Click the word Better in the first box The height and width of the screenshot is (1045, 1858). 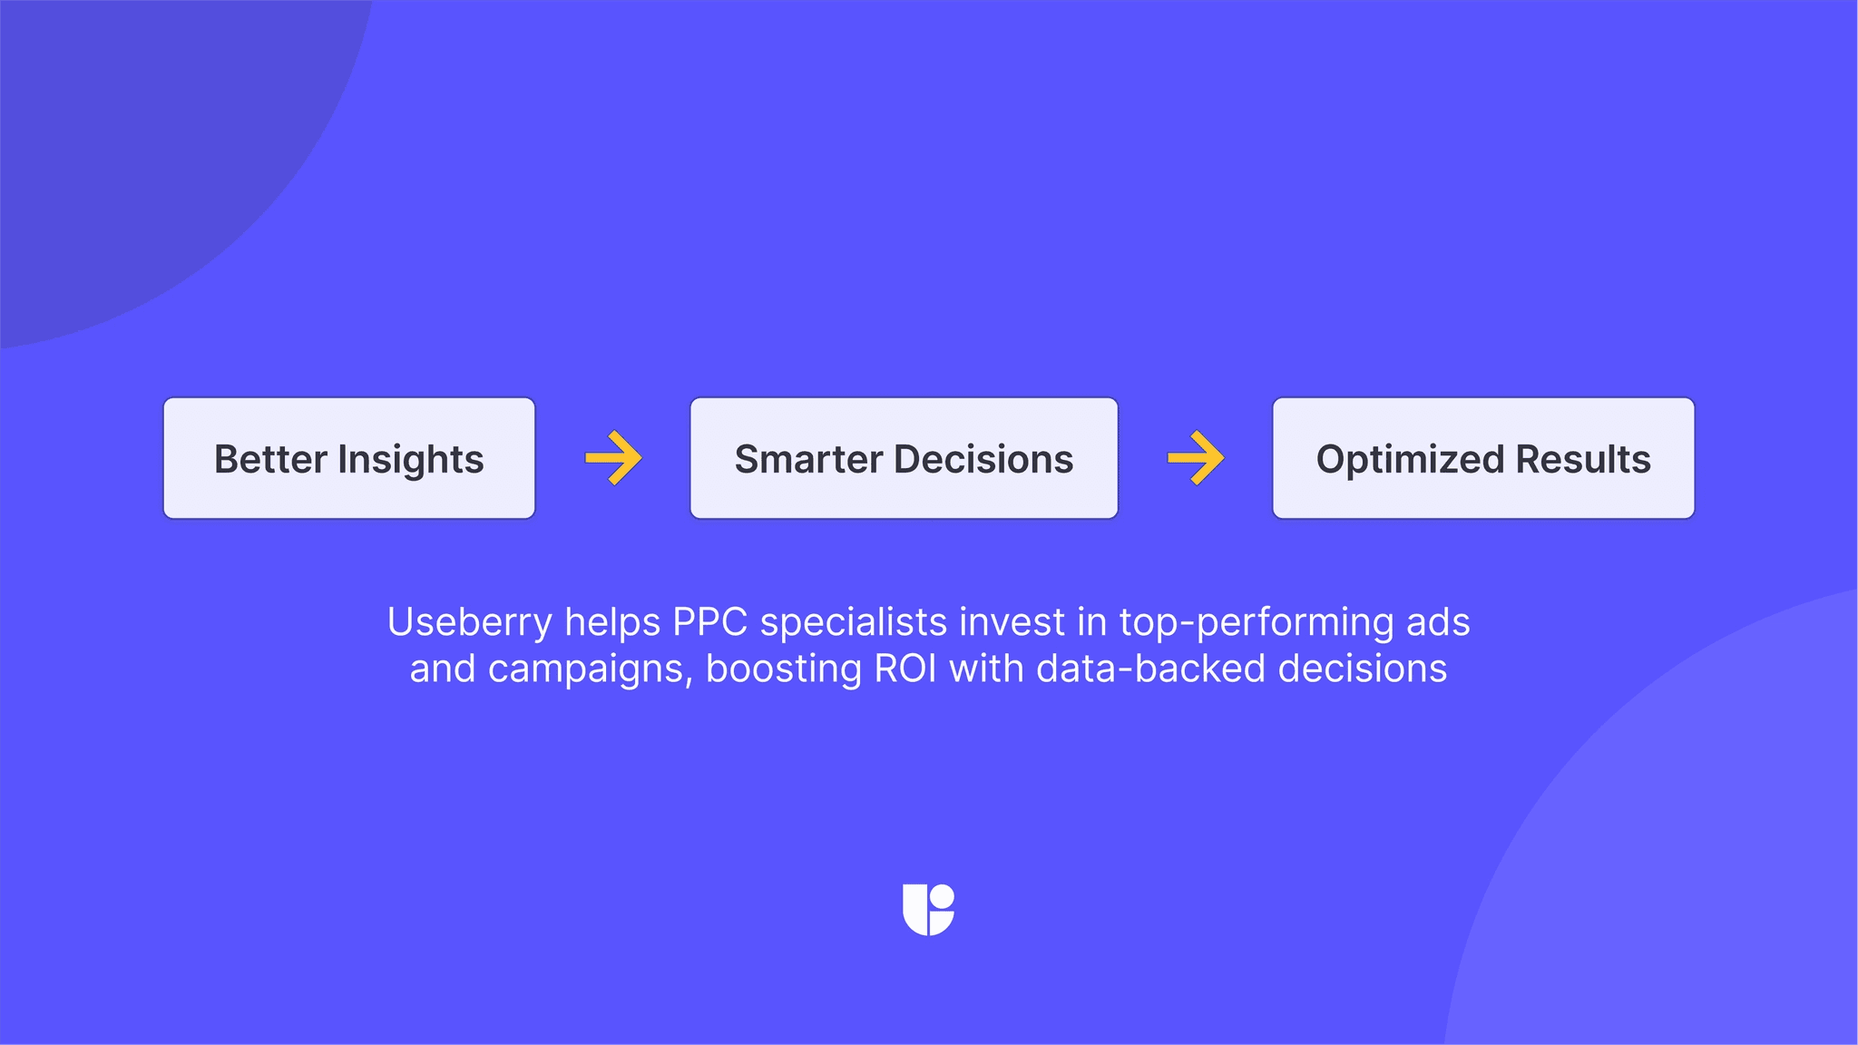(270, 459)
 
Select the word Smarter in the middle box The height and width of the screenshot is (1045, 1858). (808, 459)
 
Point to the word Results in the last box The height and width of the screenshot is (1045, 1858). (1583, 459)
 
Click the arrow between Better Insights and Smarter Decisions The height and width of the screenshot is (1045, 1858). (614, 458)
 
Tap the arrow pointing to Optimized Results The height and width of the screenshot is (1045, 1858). (1196, 458)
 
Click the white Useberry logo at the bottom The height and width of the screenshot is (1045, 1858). (928, 910)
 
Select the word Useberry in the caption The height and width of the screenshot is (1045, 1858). (469, 623)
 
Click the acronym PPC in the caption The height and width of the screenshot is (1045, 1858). (709, 622)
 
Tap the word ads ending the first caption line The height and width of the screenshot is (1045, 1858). (1438, 622)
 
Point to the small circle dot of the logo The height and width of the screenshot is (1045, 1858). (943, 897)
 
